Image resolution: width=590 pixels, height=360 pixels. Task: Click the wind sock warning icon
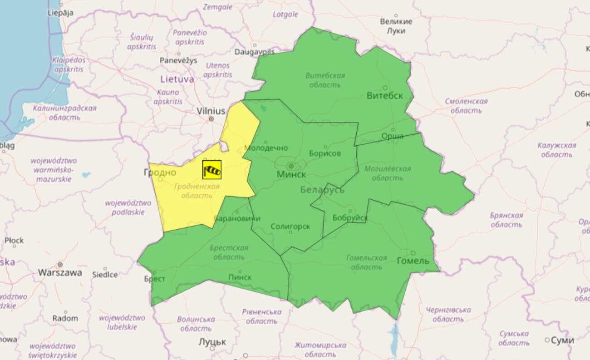(x=211, y=170)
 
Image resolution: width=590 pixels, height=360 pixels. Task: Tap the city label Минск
(x=291, y=174)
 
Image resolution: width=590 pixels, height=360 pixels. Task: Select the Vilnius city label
(x=211, y=111)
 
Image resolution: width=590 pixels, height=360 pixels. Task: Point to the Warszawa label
(x=60, y=273)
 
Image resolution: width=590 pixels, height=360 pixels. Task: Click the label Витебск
(x=385, y=95)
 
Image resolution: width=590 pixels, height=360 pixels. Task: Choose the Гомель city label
(x=413, y=261)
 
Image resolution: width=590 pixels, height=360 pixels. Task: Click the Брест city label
(x=155, y=279)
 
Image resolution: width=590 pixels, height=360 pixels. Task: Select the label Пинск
(x=240, y=277)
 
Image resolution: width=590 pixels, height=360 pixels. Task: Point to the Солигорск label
(x=290, y=227)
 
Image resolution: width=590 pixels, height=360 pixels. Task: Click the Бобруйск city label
(x=350, y=218)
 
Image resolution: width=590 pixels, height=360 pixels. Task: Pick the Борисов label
(x=325, y=153)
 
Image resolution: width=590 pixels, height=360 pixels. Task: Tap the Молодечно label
(x=266, y=148)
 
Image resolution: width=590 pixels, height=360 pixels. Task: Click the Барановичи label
(x=237, y=218)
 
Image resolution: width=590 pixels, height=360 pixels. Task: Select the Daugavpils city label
(x=255, y=52)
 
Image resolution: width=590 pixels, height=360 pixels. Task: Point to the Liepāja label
(x=60, y=13)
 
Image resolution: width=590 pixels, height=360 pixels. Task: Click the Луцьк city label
(x=212, y=342)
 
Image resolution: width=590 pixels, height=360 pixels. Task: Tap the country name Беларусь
(x=322, y=190)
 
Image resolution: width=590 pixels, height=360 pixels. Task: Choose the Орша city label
(x=392, y=136)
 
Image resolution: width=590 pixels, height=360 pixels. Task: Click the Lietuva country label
(x=177, y=79)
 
